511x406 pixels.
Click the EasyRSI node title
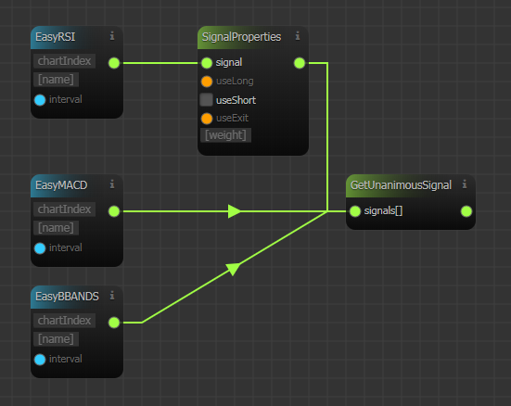click(x=55, y=37)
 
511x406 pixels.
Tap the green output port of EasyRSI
click(x=114, y=63)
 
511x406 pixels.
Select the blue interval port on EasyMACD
click(x=40, y=248)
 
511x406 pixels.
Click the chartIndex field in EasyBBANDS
click(x=64, y=321)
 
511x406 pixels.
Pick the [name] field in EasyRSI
click(x=56, y=80)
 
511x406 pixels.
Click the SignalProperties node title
click(x=241, y=37)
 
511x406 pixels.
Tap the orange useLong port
click(x=207, y=82)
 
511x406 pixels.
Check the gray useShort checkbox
click(x=206, y=100)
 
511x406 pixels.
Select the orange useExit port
click(x=207, y=119)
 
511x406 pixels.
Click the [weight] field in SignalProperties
click(x=225, y=135)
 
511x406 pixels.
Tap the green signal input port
click(x=207, y=63)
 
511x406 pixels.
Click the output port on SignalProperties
click(x=300, y=63)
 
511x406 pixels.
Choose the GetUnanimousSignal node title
click(x=401, y=185)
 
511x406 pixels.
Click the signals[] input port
click(x=355, y=211)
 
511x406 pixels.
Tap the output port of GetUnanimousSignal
click(x=466, y=211)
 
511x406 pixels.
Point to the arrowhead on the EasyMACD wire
click(x=235, y=211)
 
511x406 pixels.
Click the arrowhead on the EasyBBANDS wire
click(x=234, y=269)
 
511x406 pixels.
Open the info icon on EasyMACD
click(x=112, y=184)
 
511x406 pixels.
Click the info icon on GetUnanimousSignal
click(x=465, y=184)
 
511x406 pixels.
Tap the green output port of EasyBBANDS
click(x=114, y=323)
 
